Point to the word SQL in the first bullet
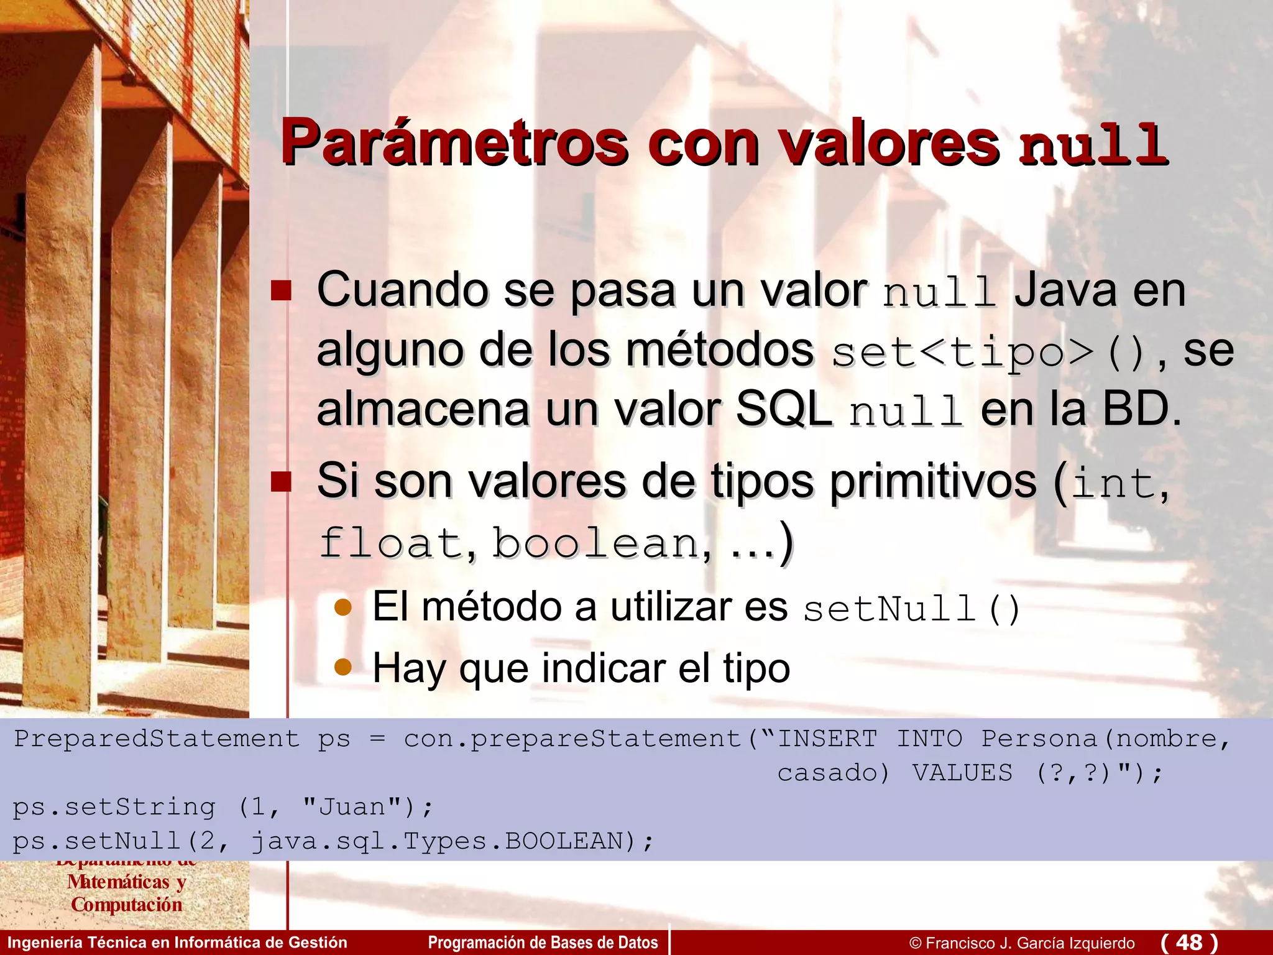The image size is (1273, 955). (x=783, y=410)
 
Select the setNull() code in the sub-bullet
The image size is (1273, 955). (x=911, y=609)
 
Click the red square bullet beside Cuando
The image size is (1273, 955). (x=281, y=290)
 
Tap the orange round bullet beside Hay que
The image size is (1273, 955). (x=343, y=668)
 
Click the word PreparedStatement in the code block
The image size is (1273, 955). (x=157, y=739)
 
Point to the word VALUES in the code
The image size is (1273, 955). (x=962, y=773)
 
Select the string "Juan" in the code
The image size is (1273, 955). (x=352, y=807)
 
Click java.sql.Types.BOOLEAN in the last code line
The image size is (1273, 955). (x=437, y=841)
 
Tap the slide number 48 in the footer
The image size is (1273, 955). (x=1189, y=942)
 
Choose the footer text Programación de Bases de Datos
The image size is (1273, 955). (x=543, y=943)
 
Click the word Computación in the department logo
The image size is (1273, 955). (x=127, y=905)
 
